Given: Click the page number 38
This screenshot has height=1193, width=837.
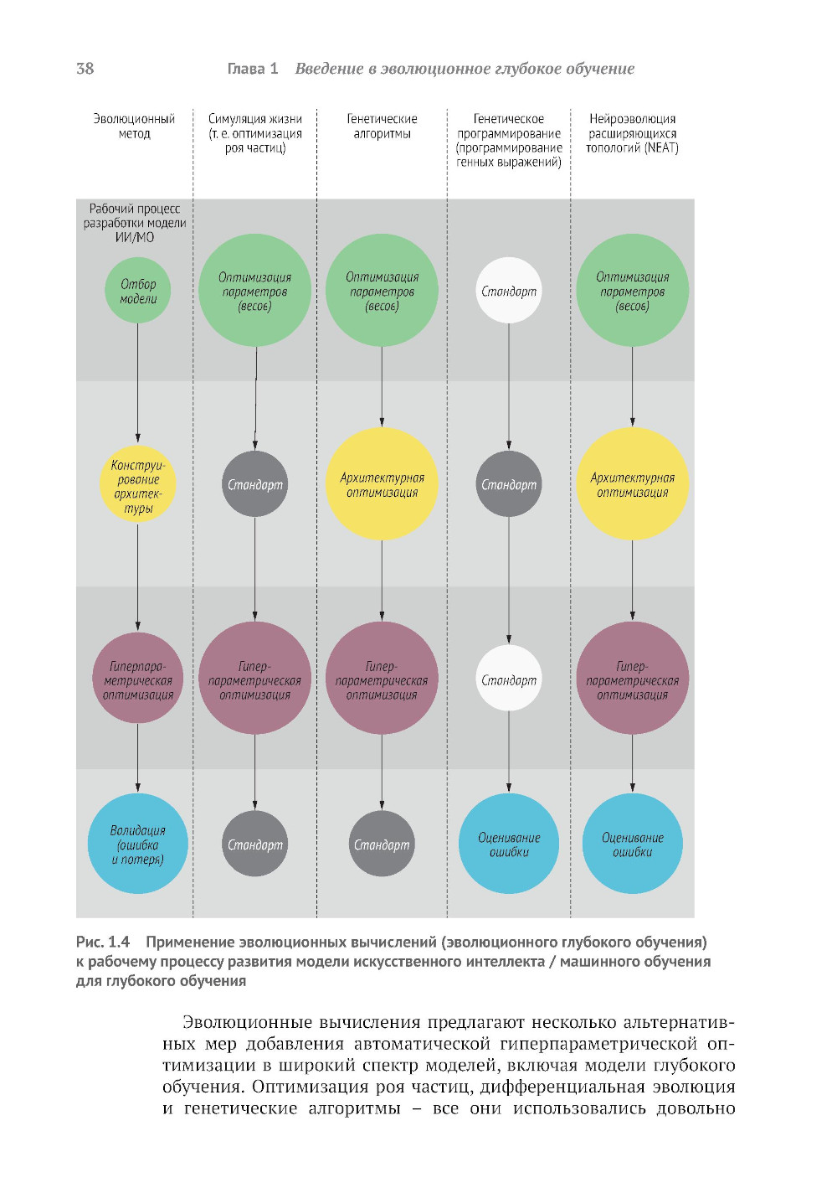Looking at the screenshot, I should coord(85,69).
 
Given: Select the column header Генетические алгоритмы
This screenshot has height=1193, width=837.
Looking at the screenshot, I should coord(382,127).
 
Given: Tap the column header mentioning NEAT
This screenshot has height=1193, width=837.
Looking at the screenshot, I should coord(632,133).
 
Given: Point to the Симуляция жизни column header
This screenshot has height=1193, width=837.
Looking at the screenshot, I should coord(255,133).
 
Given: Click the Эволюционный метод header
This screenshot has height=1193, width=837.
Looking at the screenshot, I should coord(134,127).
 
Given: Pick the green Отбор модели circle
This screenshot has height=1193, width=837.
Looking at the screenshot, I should coord(138,291).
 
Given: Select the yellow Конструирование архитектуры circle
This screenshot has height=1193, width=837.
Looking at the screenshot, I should coord(138,486).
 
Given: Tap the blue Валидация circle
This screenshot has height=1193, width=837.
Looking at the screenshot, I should coord(138,844).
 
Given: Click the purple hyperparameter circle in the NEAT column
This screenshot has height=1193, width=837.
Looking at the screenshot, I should coord(632,679).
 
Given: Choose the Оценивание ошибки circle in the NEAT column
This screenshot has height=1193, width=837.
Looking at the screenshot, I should coord(632,844).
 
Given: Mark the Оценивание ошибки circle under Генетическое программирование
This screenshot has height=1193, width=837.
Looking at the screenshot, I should coord(509,844).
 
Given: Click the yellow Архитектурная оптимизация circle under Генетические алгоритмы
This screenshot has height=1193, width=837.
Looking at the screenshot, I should coord(382,484).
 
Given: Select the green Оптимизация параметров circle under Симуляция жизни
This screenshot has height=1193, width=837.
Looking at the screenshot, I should coord(255,291).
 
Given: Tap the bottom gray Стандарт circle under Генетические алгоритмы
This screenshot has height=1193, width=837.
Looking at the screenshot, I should coord(382,844).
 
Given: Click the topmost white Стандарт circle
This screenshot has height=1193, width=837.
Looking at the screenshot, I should coord(509,291).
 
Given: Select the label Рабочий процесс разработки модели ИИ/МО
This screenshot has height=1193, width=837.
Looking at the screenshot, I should coord(135,223).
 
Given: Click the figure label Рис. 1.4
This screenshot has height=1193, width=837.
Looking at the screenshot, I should coord(103,942).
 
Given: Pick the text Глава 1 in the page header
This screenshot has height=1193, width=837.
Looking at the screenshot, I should coord(252,69).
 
